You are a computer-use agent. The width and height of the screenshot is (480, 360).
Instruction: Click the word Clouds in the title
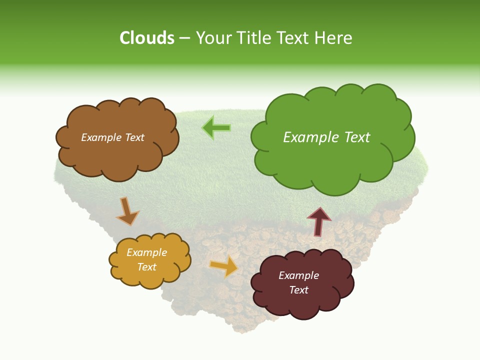coord(147,38)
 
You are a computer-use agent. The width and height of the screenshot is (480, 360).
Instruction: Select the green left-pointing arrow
coord(216,128)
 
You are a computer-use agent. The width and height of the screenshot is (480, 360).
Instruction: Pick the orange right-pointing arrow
coord(224,266)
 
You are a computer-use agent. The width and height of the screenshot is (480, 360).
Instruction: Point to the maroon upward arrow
coord(319,221)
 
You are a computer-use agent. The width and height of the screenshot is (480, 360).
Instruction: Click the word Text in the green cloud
coord(357,137)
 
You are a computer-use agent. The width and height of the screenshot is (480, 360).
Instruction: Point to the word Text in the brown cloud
coord(134,137)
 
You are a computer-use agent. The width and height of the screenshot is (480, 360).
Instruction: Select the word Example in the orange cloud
coord(146,252)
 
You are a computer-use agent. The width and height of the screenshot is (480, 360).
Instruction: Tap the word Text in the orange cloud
coord(147,267)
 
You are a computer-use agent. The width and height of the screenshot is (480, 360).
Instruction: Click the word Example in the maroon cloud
coord(298,275)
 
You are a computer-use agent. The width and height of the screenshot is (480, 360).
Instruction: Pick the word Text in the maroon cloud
coord(299,290)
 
